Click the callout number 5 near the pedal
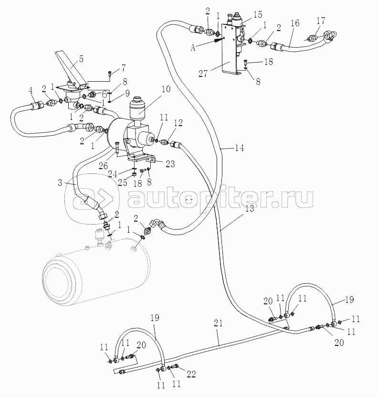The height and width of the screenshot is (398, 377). [x=81, y=59]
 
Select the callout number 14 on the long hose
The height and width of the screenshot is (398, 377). [x=239, y=148]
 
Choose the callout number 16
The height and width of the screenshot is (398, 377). [x=294, y=22]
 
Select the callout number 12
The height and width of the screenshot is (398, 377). [x=179, y=123]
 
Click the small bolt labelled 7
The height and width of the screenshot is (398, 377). [x=109, y=73]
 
